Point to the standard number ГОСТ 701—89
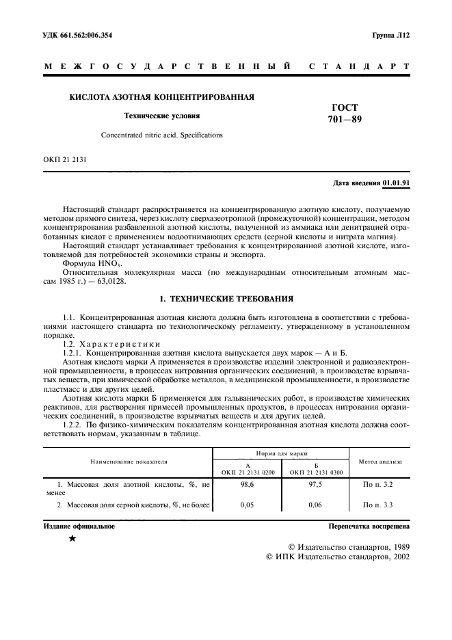344,114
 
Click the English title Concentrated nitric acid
162,135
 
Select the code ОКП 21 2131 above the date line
65,162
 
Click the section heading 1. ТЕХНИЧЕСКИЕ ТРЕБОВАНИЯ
226,299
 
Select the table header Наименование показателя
128,462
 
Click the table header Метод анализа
380,462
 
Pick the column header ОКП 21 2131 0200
247,472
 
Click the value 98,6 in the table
247,485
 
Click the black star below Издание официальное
72,539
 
